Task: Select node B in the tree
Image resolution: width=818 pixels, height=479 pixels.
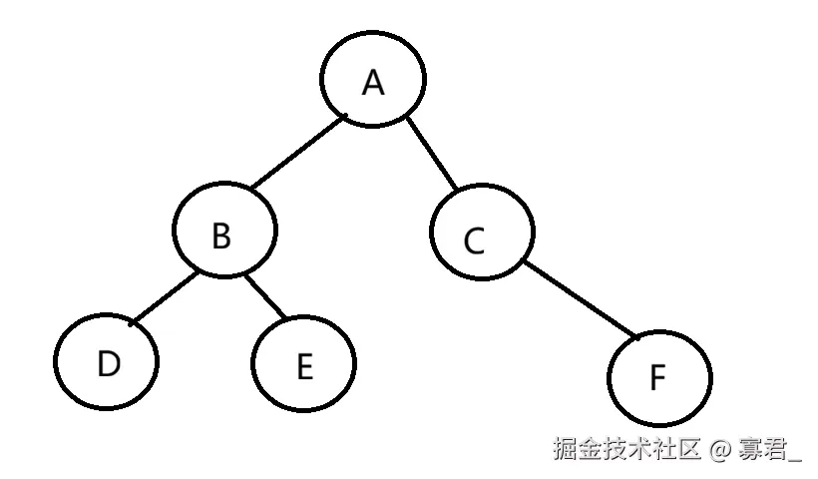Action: (223, 235)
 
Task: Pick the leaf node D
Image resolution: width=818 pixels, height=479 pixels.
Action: (108, 363)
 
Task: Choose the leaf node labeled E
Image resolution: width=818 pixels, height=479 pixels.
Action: (304, 366)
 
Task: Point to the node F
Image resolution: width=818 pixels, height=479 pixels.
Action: (659, 378)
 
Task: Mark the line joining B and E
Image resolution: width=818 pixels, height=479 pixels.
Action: (265, 295)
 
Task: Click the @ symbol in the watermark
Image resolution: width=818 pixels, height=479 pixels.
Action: (720, 449)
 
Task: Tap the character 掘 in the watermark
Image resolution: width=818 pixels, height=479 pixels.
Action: (567, 449)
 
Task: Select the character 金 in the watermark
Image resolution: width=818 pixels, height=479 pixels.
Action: (592, 449)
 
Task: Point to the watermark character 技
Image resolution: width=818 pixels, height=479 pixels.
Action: (616, 449)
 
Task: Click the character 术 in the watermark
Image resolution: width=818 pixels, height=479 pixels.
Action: (641, 449)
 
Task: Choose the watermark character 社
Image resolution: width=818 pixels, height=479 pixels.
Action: (666, 449)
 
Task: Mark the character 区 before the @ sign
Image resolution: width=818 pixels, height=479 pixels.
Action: (690, 449)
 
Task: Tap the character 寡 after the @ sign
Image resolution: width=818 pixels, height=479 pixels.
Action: (751, 449)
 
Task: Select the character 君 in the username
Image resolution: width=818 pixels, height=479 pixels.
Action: (775, 449)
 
